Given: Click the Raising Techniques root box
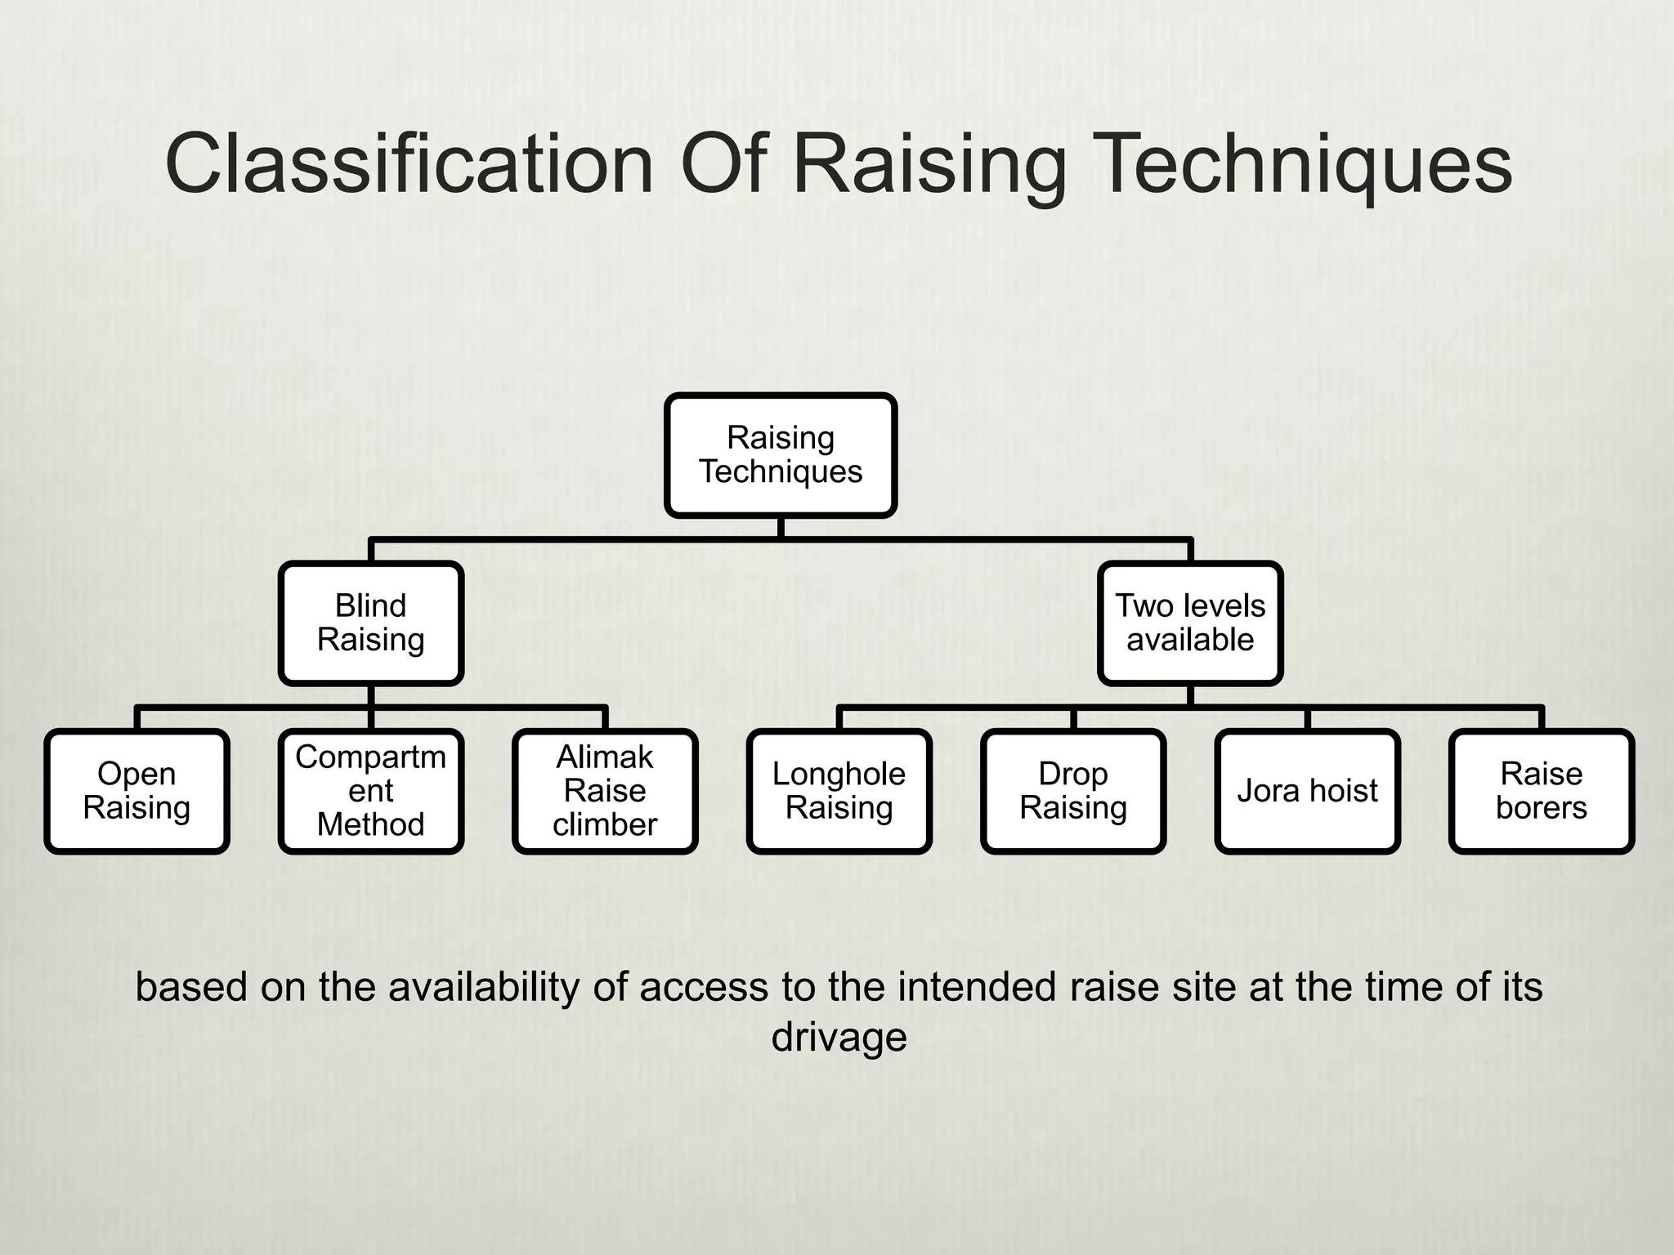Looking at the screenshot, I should pos(781,455).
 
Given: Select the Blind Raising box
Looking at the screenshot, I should pos(371,623).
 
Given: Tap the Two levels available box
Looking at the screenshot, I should pos(1190,623).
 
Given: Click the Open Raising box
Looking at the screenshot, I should pos(137,791).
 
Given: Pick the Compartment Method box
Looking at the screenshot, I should pos(371,791).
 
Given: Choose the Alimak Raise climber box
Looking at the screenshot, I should pos(605,791).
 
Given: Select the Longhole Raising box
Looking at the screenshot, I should pos(839,791).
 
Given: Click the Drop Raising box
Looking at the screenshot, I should pos(1073,791).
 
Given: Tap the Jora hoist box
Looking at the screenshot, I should pos(1307,791).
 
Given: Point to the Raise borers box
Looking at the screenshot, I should pos(1542,791).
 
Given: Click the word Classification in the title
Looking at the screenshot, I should pos(409,165).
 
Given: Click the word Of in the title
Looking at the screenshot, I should pos(723,165).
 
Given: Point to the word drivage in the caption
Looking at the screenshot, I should pos(839,1037).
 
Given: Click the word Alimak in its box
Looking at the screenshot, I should pos(605,757).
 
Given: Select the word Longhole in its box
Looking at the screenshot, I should pos(839,774).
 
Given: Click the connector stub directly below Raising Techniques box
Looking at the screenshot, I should pos(781,528).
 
